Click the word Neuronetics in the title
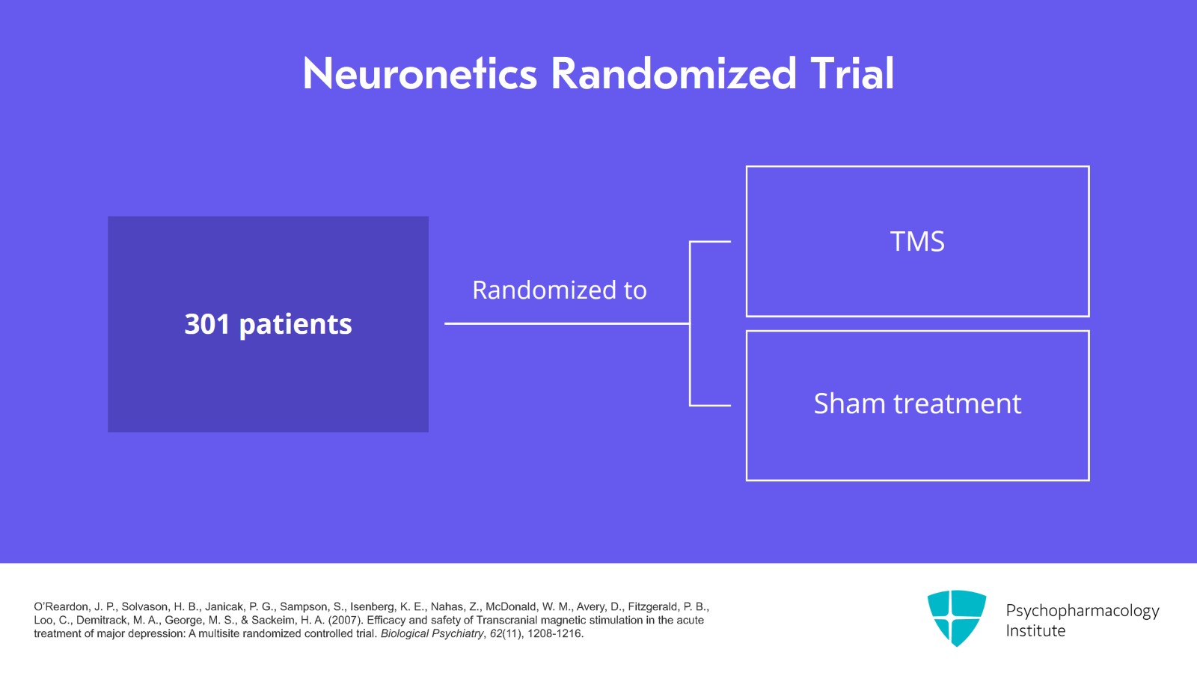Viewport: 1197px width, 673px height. pyautogui.click(x=420, y=74)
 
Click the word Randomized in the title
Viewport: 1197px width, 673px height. pyautogui.click(x=673, y=74)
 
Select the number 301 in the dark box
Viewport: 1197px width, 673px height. pyautogui.click(x=206, y=324)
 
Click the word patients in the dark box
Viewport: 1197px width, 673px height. pyautogui.click(x=296, y=325)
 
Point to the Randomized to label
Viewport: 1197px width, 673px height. pyautogui.click(x=559, y=290)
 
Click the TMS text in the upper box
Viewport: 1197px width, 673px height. pyautogui.click(x=917, y=242)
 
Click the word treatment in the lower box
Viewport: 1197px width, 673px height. pyautogui.click(x=958, y=404)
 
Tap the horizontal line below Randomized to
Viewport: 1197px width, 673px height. pyautogui.click(x=566, y=323)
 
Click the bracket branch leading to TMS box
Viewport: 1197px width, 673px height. pyautogui.click(x=710, y=242)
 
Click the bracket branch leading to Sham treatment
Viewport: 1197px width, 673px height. pyautogui.click(x=710, y=405)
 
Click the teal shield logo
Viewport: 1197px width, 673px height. pyautogui.click(x=956, y=618)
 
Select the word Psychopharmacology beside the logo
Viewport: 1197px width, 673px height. pyautogui.click(x=1082, y=611)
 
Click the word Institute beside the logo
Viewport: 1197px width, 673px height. pyautogui.click(x=1035, y=631)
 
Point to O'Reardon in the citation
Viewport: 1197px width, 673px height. pyautogui.click(x=61, y=607)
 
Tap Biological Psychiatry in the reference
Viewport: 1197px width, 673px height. pyautogui.click(x=432, y=634)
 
